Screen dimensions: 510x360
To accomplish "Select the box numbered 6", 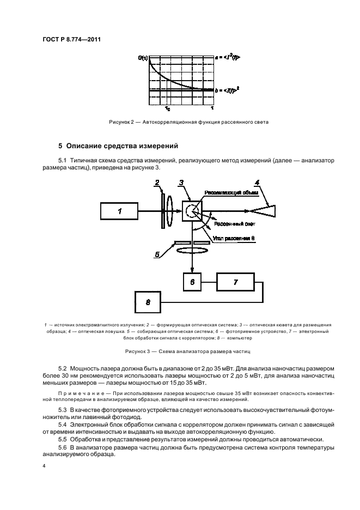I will [192, 282].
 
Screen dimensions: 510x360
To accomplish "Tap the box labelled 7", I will [235, 282].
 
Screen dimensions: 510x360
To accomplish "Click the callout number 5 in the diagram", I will [158, 254].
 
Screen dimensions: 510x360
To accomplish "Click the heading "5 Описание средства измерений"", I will [117, 145].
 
